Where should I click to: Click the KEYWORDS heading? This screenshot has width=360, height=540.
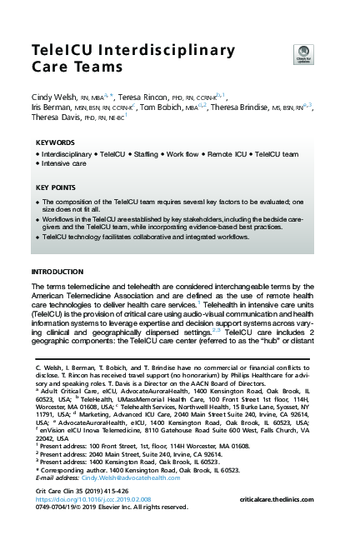[55, 142]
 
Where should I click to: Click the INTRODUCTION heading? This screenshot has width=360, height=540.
[57, 272]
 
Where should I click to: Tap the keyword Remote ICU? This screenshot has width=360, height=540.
[228, 155]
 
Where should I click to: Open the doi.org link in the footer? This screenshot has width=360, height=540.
[85, 498]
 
